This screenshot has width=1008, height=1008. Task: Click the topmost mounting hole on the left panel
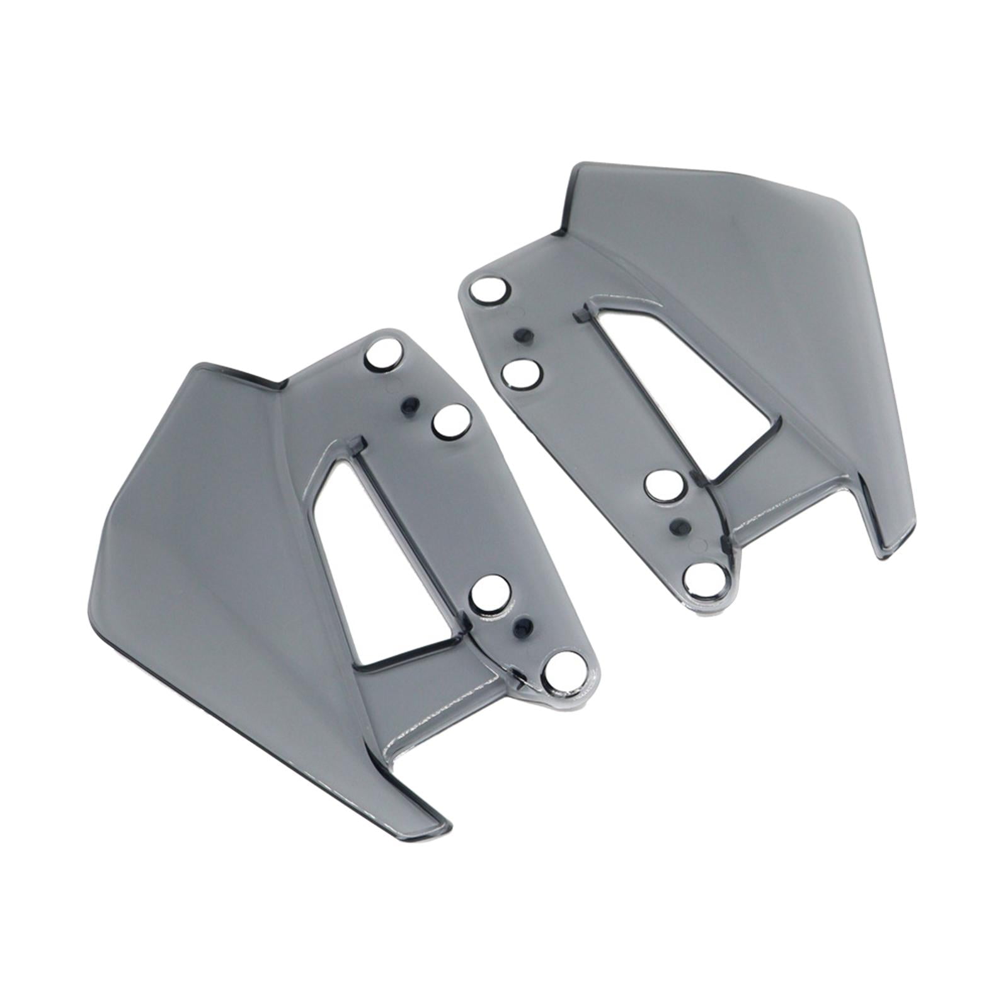(384, 355)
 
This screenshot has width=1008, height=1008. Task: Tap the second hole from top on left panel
(452, 422)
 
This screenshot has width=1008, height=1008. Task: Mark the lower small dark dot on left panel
(522, 626)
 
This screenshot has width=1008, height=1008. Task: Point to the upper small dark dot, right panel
(520, 336)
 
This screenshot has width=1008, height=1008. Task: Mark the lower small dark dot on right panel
(679, 524)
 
